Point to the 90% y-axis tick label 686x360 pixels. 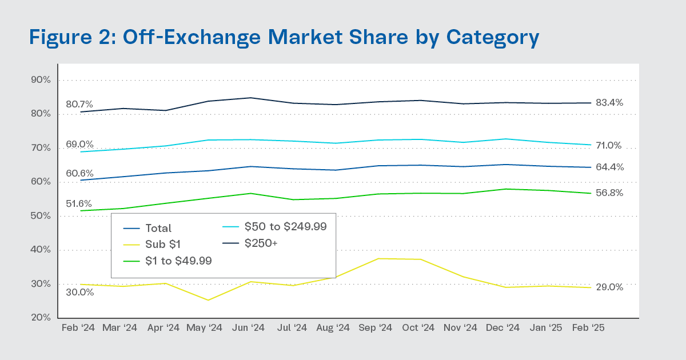[x=41, y=80]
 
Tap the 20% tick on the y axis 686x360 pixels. [x=41, y=318]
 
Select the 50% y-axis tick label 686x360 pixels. [x=41, y=216]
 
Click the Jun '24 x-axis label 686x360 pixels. [x=249, y=328]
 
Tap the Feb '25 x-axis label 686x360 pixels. [x=589, y=328]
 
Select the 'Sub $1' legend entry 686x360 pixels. [x=162, y=245]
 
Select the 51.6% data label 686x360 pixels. [x=80, y=204]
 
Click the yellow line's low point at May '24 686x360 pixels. [x=208, y=300]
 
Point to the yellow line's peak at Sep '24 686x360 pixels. [x=377, y=258]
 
